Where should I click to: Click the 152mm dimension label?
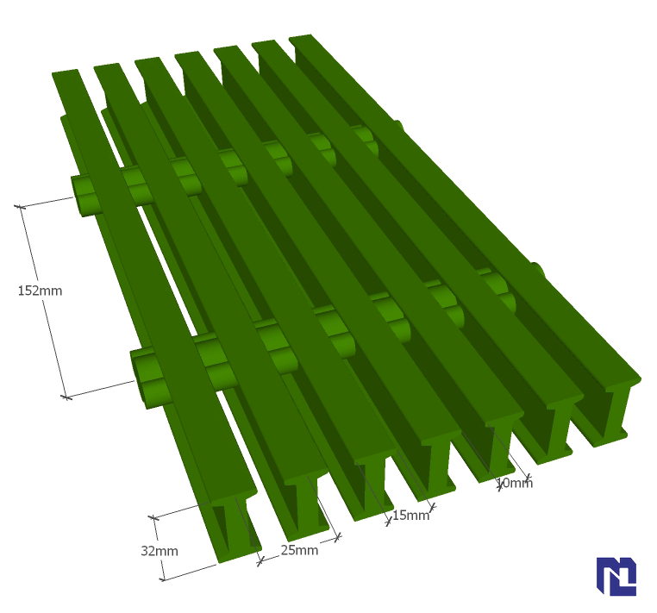pyautogui.click(x=40, y=291)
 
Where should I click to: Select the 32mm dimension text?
pyautogui.click(x=160, y=551)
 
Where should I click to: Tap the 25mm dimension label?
pyautogui.click(x=299, y=550)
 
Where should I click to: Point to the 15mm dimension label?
pyautogui.click(x=411, y=515)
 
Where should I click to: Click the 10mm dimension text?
pyautogui.click(x=515, y=483)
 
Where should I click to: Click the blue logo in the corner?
pyautogui.click(x=616, y=576)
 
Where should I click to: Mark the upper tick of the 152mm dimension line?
pyautogui.click(x=20, y=207)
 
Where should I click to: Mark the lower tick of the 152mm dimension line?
pyautogui.click(x=66, y=397)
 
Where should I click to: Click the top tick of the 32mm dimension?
pyautogui.click(x=153, y=518)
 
